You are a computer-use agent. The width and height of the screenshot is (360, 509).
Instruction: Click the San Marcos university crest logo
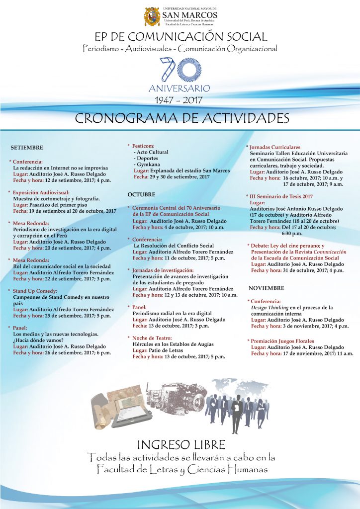pos(152,17)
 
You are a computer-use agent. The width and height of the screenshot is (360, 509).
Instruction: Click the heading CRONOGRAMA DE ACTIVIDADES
pos(182,118)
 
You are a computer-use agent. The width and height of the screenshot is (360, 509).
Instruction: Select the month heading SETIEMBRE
pos(27,148)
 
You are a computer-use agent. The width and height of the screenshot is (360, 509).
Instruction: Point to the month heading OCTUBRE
pos(141,194)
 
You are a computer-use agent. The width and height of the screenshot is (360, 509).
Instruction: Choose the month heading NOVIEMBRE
pos(267,288)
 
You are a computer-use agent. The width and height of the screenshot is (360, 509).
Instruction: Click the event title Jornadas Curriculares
pos(275,147)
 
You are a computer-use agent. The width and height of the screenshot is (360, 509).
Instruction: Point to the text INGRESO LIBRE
pos(181,444)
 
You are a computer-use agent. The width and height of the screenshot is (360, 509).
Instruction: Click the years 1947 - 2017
pos(179,100)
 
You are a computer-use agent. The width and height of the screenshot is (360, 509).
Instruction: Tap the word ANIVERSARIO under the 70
pos(179,88)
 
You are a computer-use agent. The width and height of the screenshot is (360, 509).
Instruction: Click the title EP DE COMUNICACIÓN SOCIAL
pos(181,36)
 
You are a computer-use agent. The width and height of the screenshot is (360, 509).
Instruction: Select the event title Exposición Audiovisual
pos(41,192)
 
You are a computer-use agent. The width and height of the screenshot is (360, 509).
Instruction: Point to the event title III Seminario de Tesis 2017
pos(281,196)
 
